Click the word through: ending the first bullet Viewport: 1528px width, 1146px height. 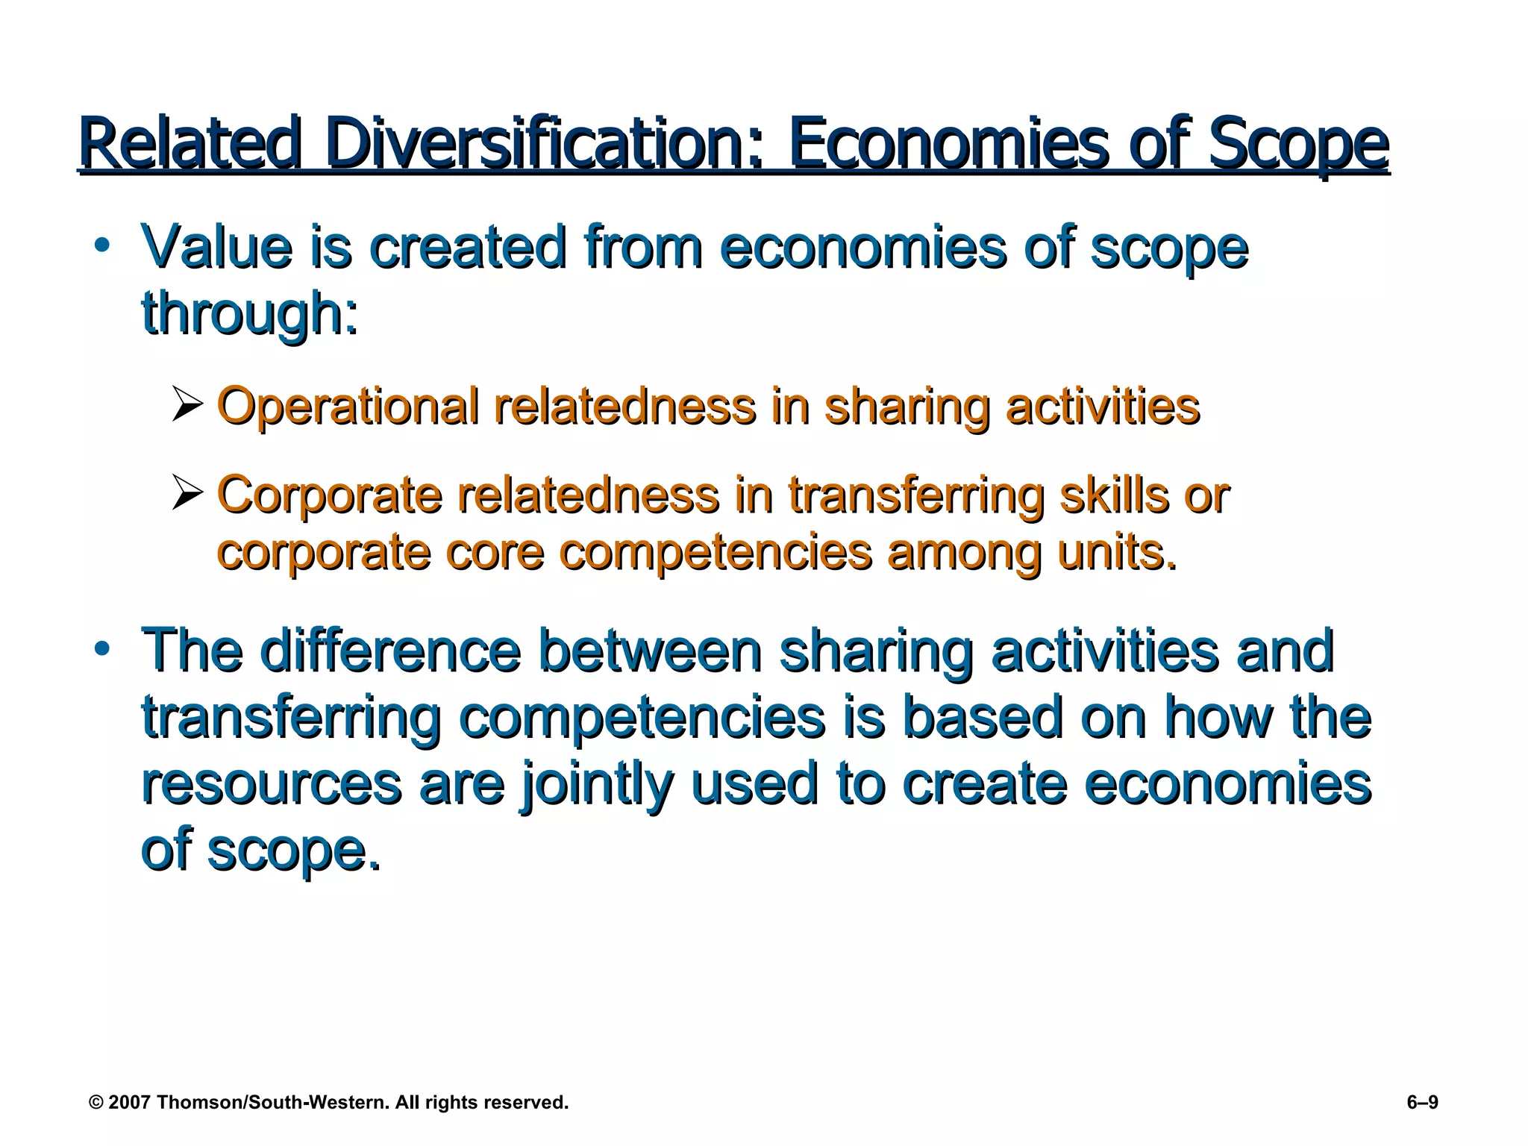[x=251, y=313]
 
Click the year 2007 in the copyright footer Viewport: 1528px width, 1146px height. [x=131, y=1102]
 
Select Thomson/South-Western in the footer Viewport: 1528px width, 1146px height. [x=273, y=1102]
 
